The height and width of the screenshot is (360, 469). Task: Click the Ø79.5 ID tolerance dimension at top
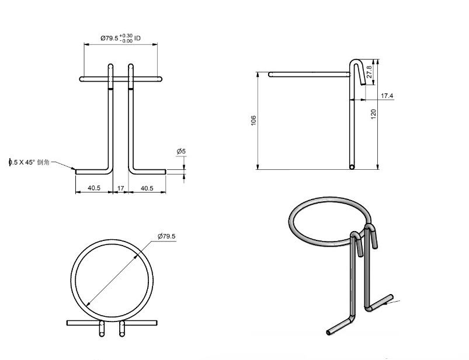120,39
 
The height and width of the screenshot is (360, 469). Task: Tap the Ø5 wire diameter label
181,152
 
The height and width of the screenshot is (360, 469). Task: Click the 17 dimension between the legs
121,188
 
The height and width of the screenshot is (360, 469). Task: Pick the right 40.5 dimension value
146,188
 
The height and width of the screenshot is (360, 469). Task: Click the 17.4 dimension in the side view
387,95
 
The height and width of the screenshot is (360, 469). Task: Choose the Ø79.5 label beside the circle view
166,236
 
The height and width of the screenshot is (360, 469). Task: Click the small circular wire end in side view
352,167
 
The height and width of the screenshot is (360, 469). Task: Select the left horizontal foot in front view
92,172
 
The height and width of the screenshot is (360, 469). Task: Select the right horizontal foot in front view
149,172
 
